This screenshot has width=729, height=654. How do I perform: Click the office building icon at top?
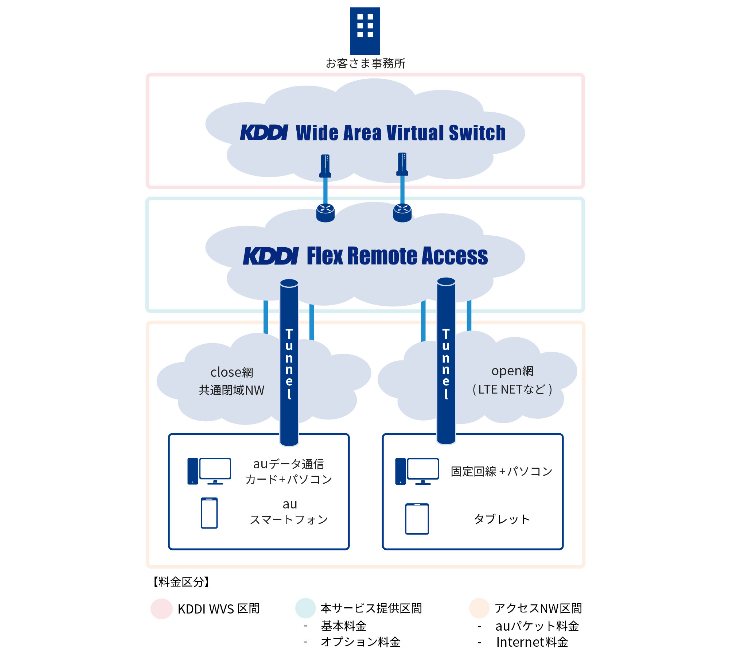365,31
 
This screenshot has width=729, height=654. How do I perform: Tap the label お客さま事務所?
365,63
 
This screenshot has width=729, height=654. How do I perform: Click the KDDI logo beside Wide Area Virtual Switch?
264,132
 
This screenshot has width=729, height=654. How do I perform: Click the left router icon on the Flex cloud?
325,213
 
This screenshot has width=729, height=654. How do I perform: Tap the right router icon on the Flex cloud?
402,213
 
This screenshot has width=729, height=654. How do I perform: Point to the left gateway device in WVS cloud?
325,166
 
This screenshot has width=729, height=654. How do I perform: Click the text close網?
232,372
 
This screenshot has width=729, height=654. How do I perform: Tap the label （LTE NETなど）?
512,390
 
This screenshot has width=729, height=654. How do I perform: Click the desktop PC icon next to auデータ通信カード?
209,471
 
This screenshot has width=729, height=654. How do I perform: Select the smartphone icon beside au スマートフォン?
209,513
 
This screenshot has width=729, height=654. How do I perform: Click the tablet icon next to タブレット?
417,519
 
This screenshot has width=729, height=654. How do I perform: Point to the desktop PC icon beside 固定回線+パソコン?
417,471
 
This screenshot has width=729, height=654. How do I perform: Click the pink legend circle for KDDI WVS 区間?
161,608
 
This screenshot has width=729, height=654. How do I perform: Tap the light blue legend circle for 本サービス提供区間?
305,608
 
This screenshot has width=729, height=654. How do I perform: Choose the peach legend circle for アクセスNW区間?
479,608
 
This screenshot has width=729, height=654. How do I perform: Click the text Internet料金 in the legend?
532,642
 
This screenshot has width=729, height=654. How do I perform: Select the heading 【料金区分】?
181,582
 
